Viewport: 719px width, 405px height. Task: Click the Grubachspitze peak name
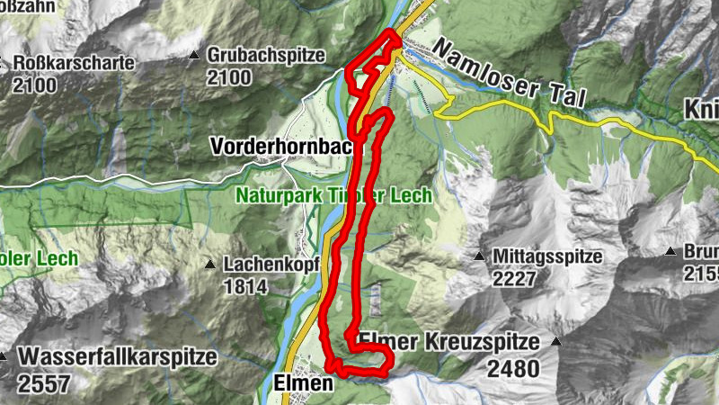point(266,55)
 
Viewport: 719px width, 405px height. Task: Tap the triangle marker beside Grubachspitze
point(193,56)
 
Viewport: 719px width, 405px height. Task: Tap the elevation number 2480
point(513,368)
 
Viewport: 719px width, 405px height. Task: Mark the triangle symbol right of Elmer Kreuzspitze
point(556,343)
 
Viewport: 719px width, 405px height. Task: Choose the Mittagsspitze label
point(546,256)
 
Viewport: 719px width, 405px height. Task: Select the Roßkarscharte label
point(74,64)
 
